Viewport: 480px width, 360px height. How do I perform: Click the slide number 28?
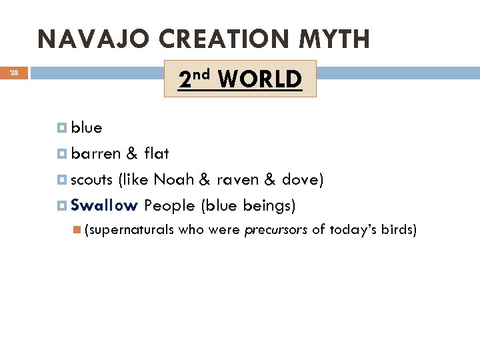(15, 73)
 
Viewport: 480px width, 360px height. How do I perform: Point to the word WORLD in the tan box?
(259, 79)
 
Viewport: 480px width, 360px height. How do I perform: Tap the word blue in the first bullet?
(87, 127)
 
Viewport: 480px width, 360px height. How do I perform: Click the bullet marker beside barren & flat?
(63, 154)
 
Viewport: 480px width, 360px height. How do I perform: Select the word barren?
(96, 153)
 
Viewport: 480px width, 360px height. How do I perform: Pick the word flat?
(157, 153)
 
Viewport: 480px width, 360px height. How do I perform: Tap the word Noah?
(173, 179)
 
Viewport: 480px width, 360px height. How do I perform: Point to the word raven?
(237, 179)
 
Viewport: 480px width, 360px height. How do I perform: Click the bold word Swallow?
(104, 205)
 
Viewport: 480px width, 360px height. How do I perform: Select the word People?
(169, 205)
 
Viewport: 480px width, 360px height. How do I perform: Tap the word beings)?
(268, 205)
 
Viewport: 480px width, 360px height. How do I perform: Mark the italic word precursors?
(276, 231)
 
